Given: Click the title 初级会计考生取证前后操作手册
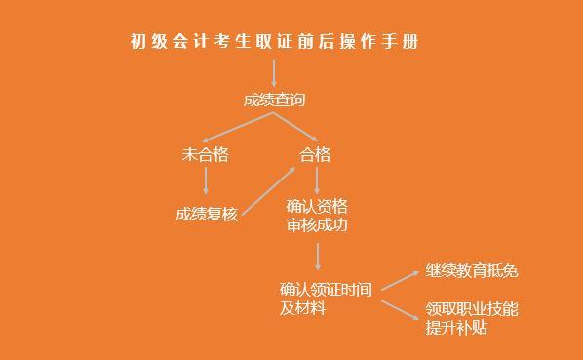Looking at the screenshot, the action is pos(275,41).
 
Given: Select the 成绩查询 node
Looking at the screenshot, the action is pos(274,100).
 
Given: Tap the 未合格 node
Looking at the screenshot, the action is pos(205,154).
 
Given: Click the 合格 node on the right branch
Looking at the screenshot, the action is pos(315,154).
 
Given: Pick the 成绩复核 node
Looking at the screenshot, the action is pos(207,214).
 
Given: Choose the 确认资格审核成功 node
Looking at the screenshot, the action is pos(317,215).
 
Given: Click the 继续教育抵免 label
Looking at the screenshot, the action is pos(472,271).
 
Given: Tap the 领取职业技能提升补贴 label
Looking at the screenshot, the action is pos(472,318).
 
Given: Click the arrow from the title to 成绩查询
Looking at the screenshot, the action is pos(274,70).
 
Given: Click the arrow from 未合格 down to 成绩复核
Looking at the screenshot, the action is pos(205,180).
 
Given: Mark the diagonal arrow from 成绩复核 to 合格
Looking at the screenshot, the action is pos(268,189).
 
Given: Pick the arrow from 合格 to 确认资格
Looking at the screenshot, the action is pos(316,180).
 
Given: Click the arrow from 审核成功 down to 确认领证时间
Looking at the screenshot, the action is pos(318,256).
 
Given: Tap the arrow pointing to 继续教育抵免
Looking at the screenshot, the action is pos(400,279).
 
